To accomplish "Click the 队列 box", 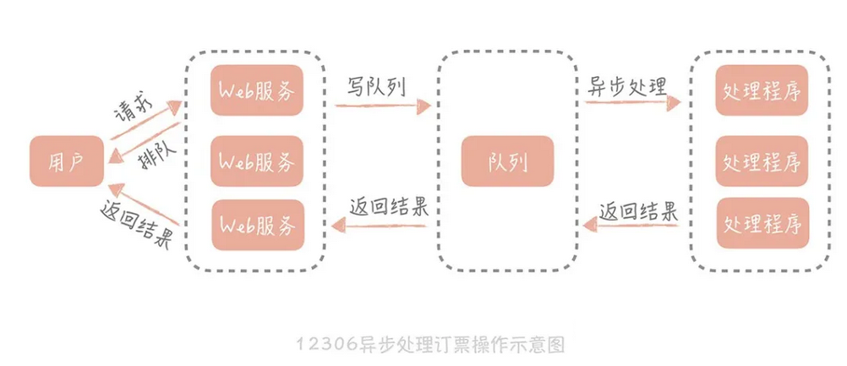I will (x=507, y=161).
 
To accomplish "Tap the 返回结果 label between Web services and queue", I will (x=388, y=208).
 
